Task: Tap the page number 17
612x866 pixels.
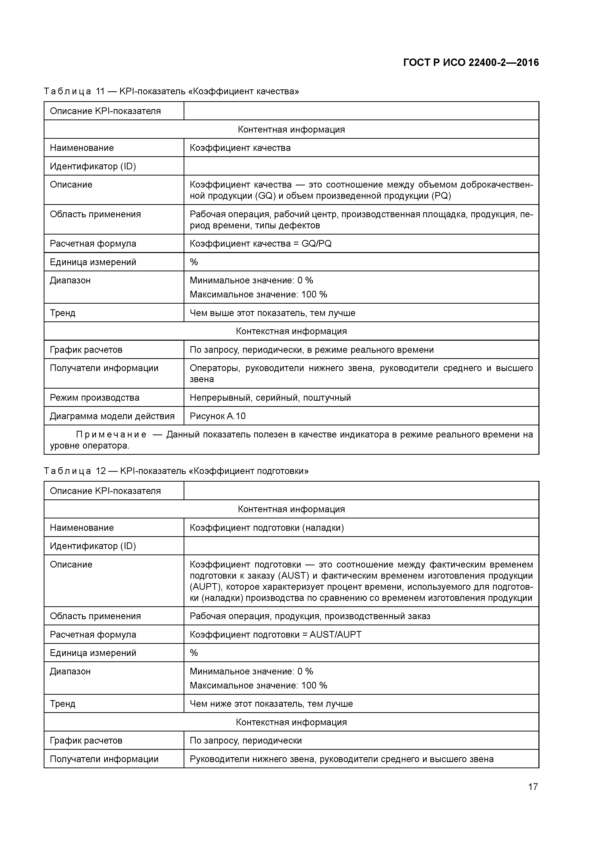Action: click(533, 787)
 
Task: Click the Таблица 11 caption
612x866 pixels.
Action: click(171, 91)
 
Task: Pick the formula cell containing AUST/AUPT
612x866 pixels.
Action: click(275, 634)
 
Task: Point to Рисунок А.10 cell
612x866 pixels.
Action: click(218, 416)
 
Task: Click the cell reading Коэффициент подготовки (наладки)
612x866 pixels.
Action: click(267, 527)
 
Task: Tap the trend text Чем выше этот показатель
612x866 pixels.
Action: click(272, 313)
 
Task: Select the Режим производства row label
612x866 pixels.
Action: click(94, 397)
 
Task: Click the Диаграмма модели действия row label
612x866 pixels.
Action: click(112, 416)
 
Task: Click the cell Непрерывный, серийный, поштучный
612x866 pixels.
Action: click(270, 397)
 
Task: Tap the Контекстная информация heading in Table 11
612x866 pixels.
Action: click(291, 331)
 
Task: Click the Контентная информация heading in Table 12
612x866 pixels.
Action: click(291, 509)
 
